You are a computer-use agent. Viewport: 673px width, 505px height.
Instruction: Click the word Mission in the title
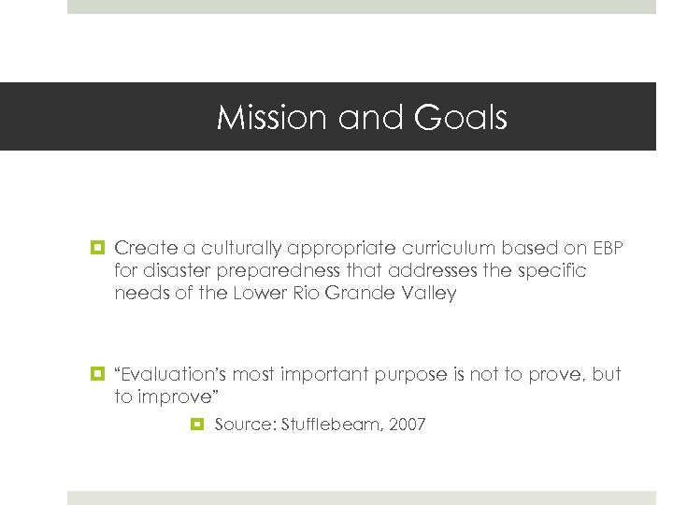[260, 118]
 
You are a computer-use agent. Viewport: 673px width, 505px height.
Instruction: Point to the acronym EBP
[608, 248]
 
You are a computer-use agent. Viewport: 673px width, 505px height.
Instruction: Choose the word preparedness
[283, 270]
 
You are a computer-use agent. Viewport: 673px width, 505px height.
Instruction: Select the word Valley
[429, 293]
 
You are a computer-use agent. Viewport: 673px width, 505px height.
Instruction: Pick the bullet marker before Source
[197, 425]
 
